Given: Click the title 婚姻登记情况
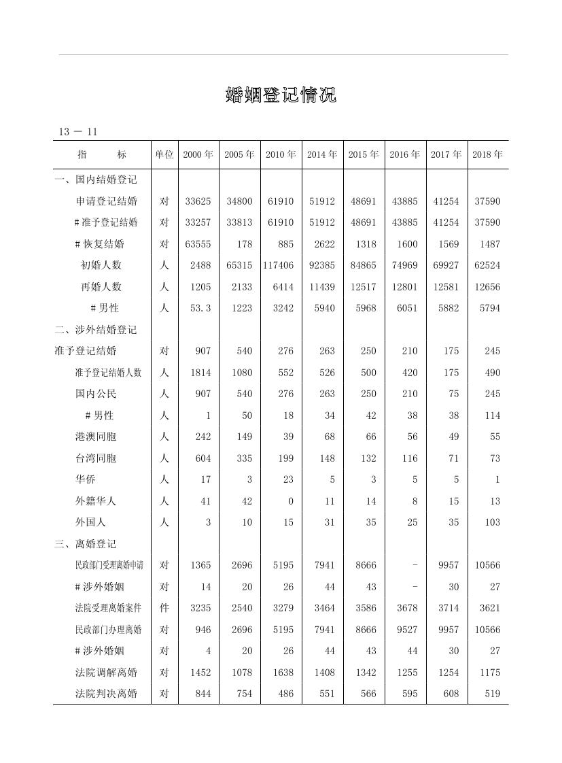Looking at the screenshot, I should (281, 95).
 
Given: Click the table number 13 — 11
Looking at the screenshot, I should (78, 132).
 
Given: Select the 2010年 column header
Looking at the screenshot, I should (281, 155).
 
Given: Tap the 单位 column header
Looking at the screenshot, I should (164, 155).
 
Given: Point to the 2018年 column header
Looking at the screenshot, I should (487, 155).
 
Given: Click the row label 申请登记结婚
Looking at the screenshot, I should (106, 201).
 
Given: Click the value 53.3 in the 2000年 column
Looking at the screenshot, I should (200, 308).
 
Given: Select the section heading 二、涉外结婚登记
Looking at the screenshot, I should (96, 330).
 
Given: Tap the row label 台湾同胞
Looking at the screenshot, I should (96, 458).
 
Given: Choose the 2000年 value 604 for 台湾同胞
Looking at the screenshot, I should (203, 458).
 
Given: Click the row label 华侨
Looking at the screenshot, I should (86, 479).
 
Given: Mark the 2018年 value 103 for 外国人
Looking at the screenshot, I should (493, 522).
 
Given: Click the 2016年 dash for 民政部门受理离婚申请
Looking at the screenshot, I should (415, 565).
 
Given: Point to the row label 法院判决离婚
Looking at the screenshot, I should (106, 694).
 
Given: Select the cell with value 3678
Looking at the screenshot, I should (407, 608).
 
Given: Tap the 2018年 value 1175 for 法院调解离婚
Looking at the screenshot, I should (489, 673).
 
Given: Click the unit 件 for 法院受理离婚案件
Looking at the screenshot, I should (164, 608).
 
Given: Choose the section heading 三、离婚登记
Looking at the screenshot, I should (86, 544).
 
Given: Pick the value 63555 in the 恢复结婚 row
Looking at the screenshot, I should (198, 244).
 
